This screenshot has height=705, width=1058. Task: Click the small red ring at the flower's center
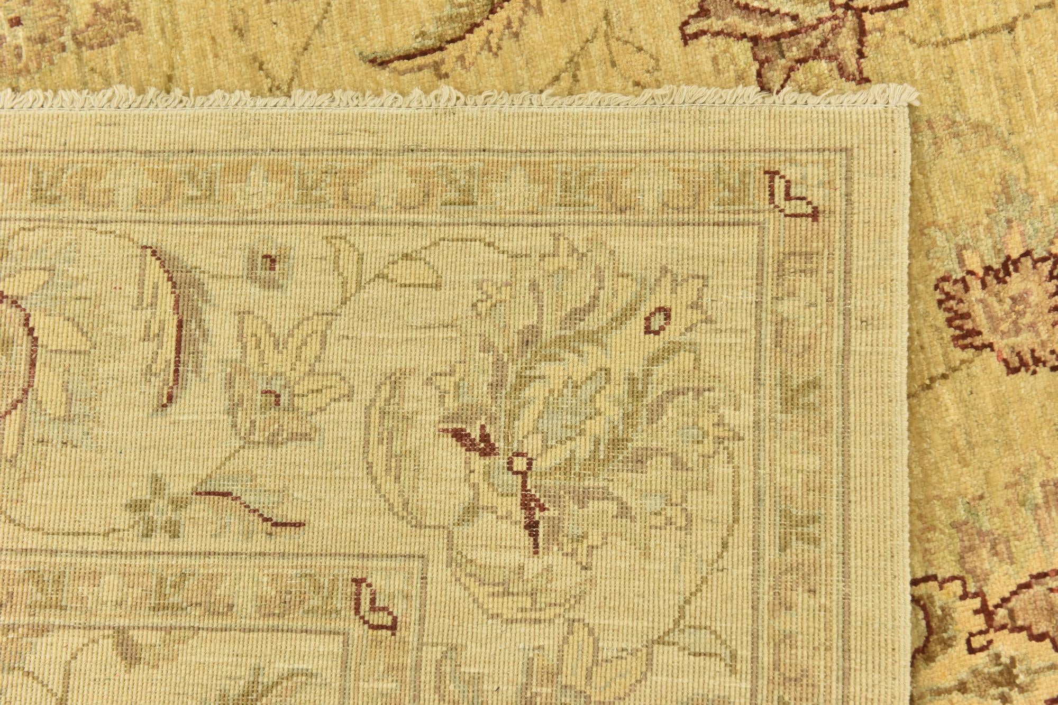(x=519, y=463)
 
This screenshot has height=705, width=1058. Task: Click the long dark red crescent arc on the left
(x=169, y=322)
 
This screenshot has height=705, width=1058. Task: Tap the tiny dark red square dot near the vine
(x=269, y=261)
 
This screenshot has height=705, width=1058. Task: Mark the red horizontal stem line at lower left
(x=249, y=507)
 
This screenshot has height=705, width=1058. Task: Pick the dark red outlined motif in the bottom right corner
(x=984, y=634)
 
